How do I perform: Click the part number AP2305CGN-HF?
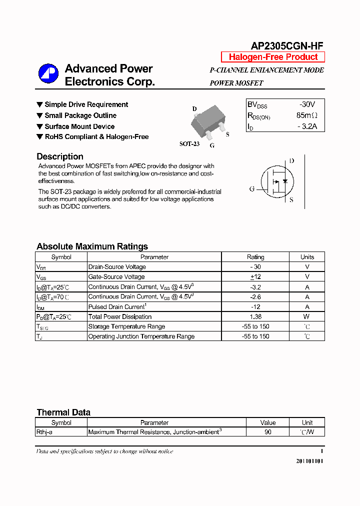[287, 46]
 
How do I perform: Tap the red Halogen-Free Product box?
[273, 57]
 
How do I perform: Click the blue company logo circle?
[48, 74]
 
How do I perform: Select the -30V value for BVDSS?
[306, 104]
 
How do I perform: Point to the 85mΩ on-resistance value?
[306, 115]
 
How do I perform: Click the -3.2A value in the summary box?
[306, 126]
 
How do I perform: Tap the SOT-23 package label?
[189, 144]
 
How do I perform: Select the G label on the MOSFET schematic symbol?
[252, 189]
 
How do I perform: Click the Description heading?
[60, 156]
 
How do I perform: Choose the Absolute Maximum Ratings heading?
[92, 246]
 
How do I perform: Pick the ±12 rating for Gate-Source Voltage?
[255, 276]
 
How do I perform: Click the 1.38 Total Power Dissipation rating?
[255, 316]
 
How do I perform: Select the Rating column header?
[255, 257]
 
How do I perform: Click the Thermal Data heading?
[63, 412]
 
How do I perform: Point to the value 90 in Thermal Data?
[268, 432]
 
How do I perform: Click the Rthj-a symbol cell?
[45, 432]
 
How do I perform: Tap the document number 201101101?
[309, 460]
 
